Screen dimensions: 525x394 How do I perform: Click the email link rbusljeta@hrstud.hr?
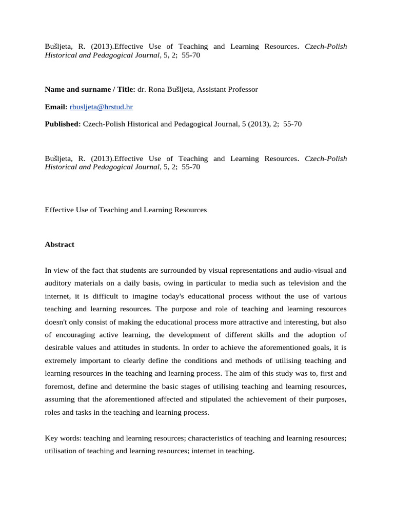(101, 107)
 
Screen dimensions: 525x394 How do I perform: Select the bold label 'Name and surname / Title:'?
(90, 89)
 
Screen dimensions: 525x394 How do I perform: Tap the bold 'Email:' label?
(56, 107)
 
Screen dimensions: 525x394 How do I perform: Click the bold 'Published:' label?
(63, 124)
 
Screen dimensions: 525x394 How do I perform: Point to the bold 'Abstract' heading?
(60, 245)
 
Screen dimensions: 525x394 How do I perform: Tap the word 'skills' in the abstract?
(241, 335)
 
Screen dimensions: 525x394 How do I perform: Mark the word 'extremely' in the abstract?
(61, 360)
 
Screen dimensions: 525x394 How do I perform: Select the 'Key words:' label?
(63, 438)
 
